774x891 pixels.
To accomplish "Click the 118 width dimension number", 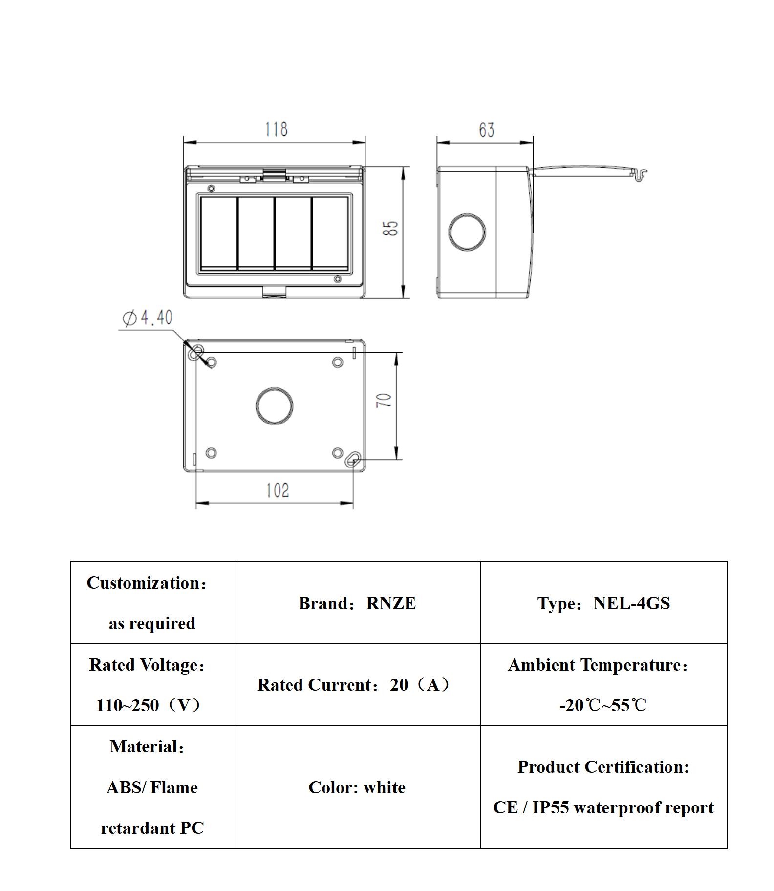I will tap(276, 129).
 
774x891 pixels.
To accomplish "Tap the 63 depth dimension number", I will tap(486, 130).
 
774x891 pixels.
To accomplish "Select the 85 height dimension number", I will tap(390, 229).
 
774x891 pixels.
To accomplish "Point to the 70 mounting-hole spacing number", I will tap(384, 401).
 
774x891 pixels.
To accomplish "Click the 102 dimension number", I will tap(277, 490).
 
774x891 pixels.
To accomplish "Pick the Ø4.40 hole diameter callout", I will tap(148, 318).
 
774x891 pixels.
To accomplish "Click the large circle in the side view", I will tap(467, 232).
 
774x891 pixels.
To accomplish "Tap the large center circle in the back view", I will tap(274, 406).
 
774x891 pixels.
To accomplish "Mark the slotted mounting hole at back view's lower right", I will tap(353, 460).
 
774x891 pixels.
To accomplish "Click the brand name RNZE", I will tap(391, 603).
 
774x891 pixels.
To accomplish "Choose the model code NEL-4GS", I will tap(631, 603).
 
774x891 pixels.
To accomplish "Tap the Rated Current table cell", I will tap(357, 685).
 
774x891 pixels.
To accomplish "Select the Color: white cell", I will tap(357, 787).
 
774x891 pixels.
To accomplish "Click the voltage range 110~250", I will tap(128, 705).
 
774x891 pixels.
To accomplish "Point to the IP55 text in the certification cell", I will tap(551, 807).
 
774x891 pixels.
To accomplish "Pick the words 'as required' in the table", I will tap(152, 624).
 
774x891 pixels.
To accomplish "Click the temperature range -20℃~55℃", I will tap(603, 705).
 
